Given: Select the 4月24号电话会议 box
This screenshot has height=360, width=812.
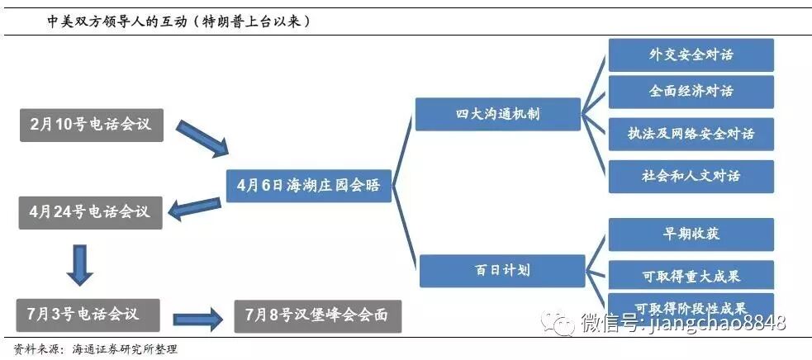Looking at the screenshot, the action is coord(90,212).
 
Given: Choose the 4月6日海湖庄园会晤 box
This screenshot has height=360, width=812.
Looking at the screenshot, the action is coord(308,185).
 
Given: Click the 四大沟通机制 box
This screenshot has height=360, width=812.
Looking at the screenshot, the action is coord(497,113).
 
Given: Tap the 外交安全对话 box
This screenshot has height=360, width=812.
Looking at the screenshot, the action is coord(691,55).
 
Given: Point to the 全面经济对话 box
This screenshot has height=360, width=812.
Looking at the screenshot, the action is coord(691,92).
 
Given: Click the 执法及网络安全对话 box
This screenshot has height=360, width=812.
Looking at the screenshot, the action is coord(691,133).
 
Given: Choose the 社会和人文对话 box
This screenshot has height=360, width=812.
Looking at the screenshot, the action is coord(691,176).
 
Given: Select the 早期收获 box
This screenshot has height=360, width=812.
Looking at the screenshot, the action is coord(691,234).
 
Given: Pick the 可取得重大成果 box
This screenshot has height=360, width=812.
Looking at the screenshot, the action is coord(691,275).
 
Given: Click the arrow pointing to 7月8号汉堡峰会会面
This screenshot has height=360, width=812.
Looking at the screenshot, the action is coord(198,317).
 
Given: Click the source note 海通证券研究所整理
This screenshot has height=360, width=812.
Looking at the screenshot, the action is coord(124,349).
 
